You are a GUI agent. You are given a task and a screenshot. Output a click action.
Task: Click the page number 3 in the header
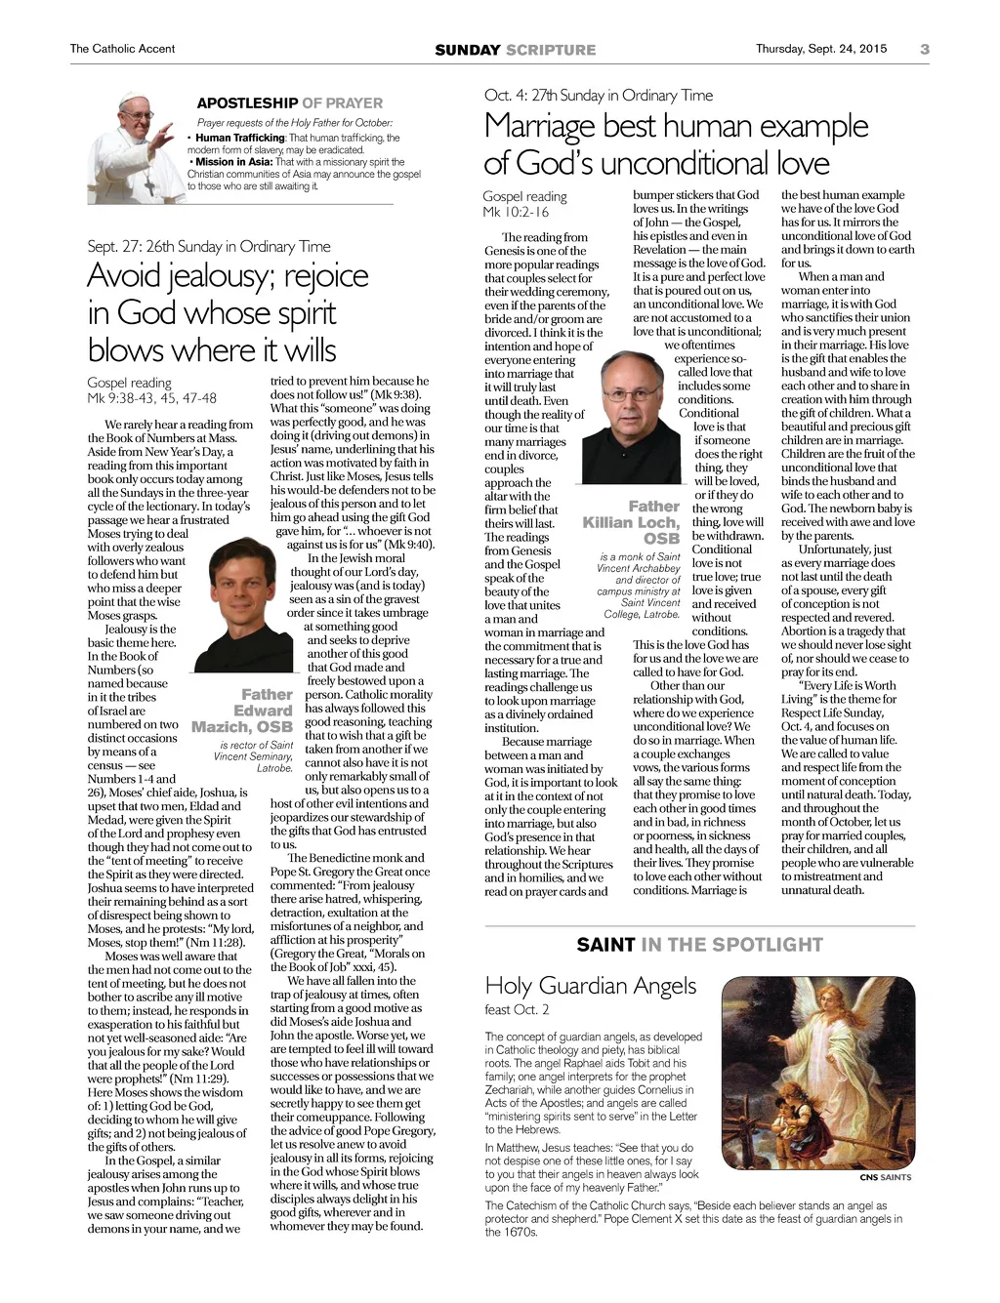point(924,49)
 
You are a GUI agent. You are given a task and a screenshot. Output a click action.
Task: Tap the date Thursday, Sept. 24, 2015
point(821,49)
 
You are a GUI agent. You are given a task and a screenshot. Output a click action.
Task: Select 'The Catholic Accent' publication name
point(122,49)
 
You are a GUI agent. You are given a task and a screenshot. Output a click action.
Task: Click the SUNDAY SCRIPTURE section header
point(515,50)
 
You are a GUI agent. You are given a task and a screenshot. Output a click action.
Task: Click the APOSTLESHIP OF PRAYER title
point(290,102)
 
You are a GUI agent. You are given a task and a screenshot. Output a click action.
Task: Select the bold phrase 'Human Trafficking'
point(240,138)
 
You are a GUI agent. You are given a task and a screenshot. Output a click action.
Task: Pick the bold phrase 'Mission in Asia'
point(234,162)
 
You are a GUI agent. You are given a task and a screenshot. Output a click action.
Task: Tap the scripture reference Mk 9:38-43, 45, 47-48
point(151,397)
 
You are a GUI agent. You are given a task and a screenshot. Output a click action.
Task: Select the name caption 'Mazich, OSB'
point(242,726)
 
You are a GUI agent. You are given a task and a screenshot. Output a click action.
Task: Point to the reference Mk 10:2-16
point(515,211)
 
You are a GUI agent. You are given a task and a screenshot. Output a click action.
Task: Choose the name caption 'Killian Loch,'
point(630,522)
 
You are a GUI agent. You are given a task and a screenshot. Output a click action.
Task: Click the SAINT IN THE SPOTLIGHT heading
point(699,944)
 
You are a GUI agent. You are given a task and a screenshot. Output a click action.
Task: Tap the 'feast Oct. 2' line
point(517,1009)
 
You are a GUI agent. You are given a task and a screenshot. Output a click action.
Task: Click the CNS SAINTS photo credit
point(885,1177)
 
